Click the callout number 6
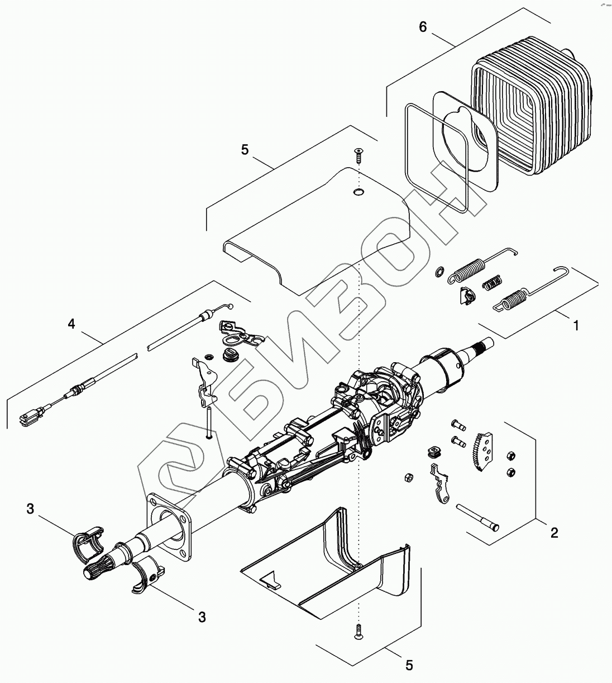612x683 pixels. (423, 27)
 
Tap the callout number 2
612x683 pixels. (553, 533)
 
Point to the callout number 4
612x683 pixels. (71, 324)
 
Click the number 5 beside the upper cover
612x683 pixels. (244, 150)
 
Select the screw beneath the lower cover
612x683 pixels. (358, 632)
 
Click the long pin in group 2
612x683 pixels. (478, 517)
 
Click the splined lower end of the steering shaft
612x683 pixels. (93, 571)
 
